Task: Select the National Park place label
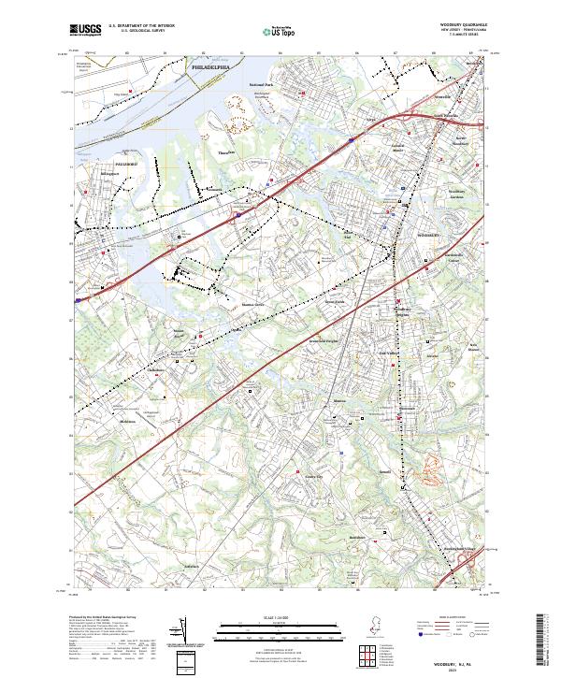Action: [x=262, y=85]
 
